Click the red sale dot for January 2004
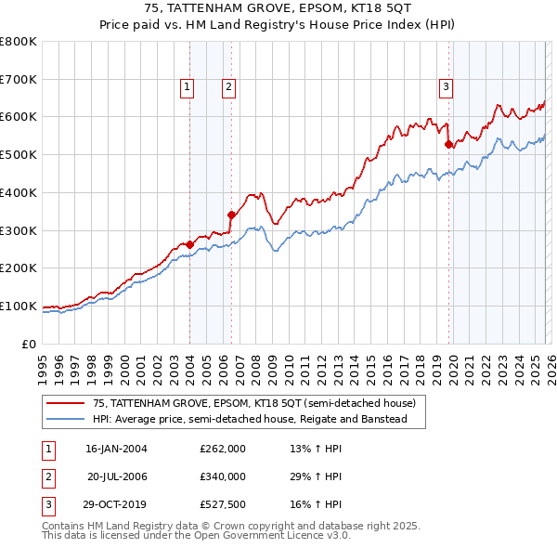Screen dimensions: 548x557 point(189,244)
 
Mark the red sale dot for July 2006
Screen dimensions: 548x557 point(231,215)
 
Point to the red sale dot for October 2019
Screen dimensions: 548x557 point(449,144)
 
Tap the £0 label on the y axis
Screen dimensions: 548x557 point(28,344)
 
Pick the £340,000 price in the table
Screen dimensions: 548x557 point(223,476)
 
